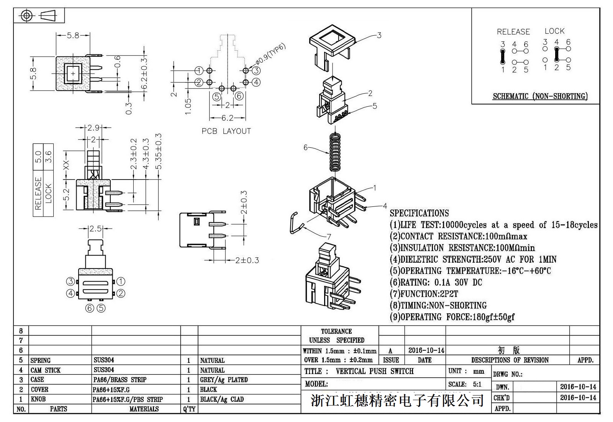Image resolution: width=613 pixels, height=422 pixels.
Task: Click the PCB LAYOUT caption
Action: click(x=226, y=131)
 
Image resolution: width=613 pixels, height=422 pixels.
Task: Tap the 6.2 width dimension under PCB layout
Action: click(x=227, y=118)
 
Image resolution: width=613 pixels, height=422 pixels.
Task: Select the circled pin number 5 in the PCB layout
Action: click(x=217, y=96)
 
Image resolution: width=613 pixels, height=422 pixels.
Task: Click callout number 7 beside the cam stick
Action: click(x=329, y=237)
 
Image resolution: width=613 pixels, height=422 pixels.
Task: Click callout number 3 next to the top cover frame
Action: click(x=379, y=35)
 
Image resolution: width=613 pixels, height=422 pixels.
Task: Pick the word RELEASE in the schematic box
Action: click(x=513, y=32)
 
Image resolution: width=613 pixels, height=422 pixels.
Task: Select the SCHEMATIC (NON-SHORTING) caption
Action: click(x=540, y=96)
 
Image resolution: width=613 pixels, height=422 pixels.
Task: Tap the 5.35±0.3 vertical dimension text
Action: click(x=159, y=151)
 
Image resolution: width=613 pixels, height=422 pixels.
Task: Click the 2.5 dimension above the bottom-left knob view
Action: click(x=95, y=229)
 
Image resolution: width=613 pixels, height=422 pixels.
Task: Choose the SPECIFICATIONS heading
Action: click(x=419, y=213)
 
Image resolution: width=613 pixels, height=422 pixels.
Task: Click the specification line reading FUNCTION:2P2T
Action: click(x=424, y=294)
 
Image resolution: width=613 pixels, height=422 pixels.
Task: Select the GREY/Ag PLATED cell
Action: click(x=224, y=380)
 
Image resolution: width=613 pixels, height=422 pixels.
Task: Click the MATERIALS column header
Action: click(x=144, y=409)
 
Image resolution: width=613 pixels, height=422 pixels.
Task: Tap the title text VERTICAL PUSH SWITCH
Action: click(x=374, y=371)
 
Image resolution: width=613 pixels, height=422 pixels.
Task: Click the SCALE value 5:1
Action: click(x=477, y=384)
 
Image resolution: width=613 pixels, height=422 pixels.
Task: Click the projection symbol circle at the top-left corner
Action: click(x=26, y=16)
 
